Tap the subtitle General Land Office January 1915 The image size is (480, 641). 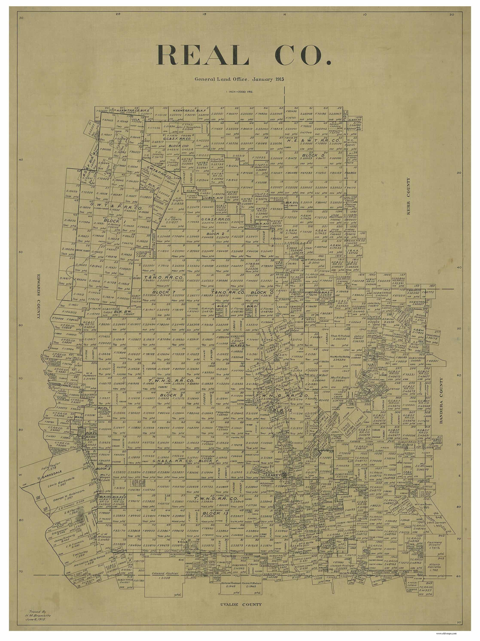pyautogui.click(x=239, y=79)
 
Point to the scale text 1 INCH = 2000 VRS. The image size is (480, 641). pyautogui.click(x=239, y=92)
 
